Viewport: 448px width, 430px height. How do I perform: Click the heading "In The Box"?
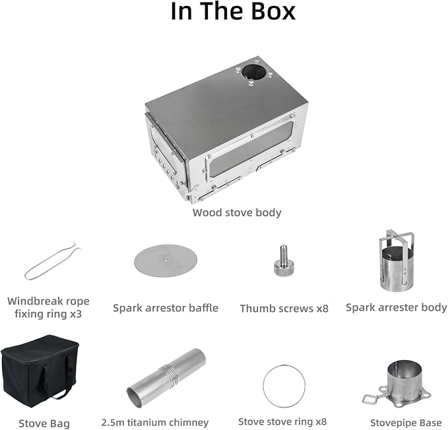click(x=233, y=11)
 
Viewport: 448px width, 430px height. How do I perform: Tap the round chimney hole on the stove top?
click(x=253, y=71)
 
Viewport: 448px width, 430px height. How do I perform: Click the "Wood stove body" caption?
click(x=237, y=212)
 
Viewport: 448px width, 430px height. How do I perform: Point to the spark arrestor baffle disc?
click(x=166, y=261)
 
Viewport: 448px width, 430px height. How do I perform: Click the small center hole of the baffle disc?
click(x=166, y=260)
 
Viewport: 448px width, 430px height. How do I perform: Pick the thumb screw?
click(x=284, y=261)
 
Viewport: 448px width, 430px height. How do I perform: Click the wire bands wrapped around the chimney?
click(x=170, y=375)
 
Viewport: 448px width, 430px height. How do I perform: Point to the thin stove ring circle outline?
click(x=284, y=365)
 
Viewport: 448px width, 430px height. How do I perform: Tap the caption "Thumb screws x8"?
click(x=284, y=309)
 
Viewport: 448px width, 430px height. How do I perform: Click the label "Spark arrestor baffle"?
click(x=166, y=308)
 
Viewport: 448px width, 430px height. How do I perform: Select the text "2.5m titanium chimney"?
click(x=155, y=422)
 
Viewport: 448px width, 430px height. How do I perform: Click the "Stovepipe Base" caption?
click(x=406, y=423)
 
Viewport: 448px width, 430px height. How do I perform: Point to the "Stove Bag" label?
click(x=44, y=423)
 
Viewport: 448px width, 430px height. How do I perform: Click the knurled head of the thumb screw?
click(x=284, y=269)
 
